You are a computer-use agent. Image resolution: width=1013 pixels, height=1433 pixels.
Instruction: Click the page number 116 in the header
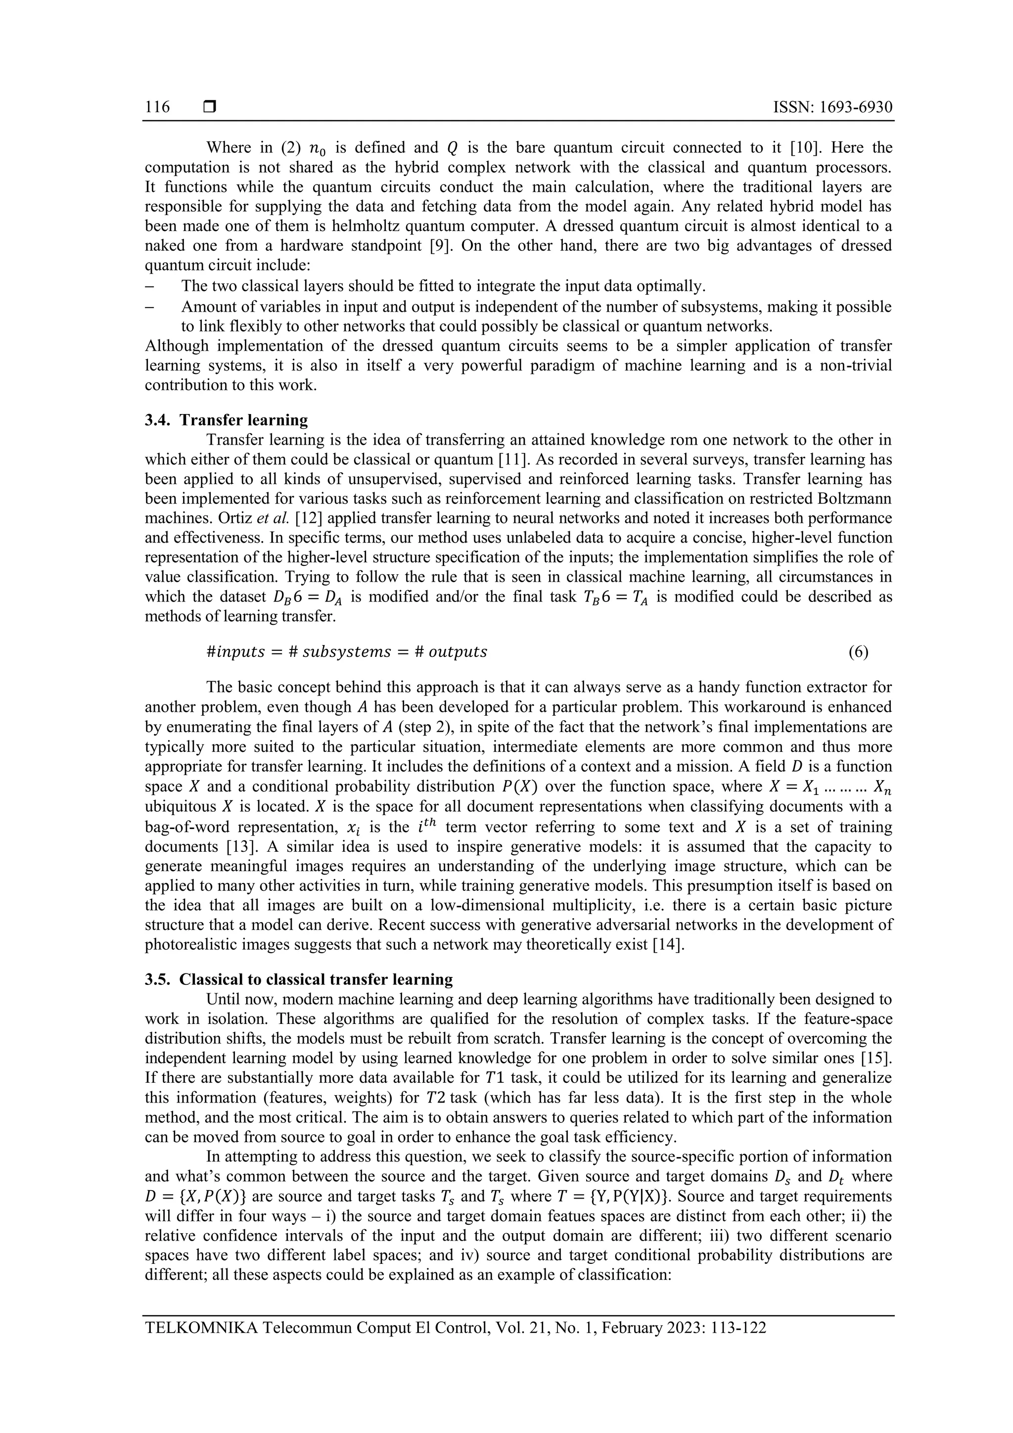point(157,107)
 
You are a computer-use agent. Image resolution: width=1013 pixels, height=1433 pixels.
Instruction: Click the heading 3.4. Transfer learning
point(227,419)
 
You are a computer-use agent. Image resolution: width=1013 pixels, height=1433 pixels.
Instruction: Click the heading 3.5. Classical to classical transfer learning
point(299,979)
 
